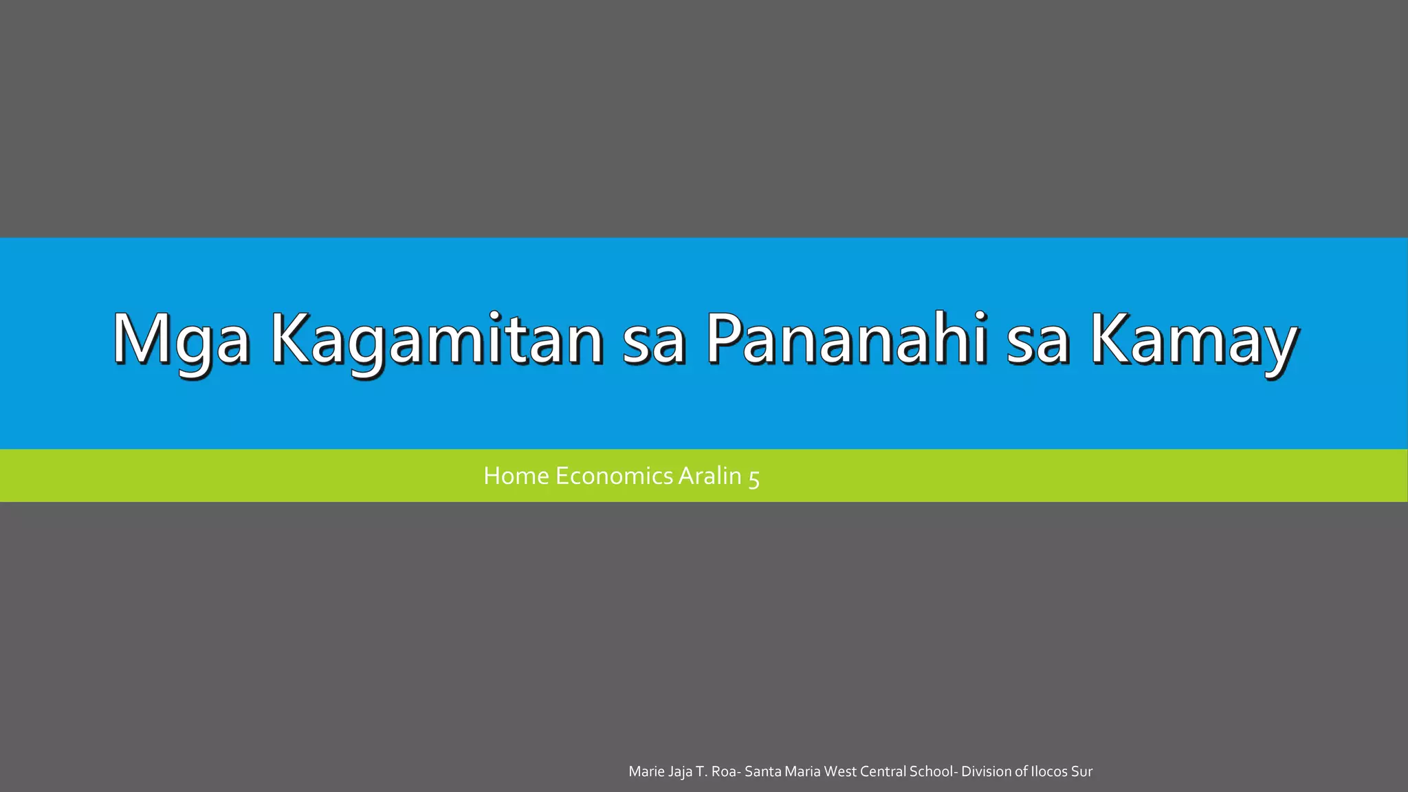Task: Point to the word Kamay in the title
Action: click(x=1193, y=340)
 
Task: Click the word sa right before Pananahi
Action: click(x=653, y=340)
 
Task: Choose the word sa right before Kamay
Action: click(x=1037, y=340)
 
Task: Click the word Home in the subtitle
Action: click(x=516, y=476)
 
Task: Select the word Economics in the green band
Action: click(x=614, y=476)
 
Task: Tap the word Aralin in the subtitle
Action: click(x=709, y=476)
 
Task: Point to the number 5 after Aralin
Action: click(x=753, y=477)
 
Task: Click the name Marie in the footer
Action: click(x=646, y=771)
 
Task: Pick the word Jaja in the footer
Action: click(x=680, y=771)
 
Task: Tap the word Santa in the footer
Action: click(x=762, y=771)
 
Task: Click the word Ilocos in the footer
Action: click(x=1049, y=771)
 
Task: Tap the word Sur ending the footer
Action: click(x=1082, y=771)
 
